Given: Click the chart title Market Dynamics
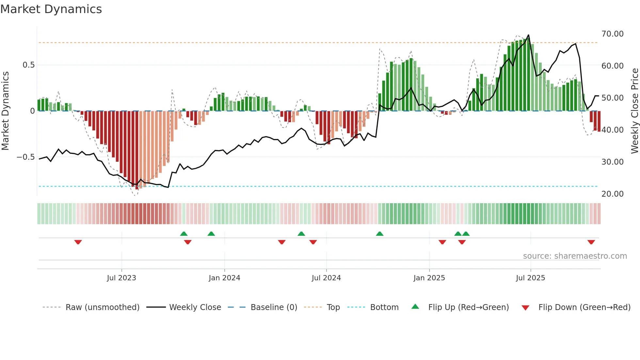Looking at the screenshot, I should (51, 9).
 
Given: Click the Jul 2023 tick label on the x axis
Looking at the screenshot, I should (121, 278).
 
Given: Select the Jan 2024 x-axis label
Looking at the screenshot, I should (224, 278).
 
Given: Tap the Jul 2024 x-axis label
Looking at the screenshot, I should (326, 278).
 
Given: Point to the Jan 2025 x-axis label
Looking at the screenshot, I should (429, 278).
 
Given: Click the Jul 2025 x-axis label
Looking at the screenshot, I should (530, 278).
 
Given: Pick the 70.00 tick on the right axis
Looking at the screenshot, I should (612, 34).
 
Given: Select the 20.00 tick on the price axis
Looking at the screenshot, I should (612, 194).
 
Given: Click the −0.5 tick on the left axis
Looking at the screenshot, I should (25, 157).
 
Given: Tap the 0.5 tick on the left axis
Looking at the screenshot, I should (28, 65).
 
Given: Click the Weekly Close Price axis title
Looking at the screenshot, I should (634, 111).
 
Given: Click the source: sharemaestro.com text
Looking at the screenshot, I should (575, 256).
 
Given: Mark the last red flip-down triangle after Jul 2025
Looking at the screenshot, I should (591, 242).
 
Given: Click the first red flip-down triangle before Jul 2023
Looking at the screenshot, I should (78, 242).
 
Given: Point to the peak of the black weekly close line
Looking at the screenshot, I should (528, 35).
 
